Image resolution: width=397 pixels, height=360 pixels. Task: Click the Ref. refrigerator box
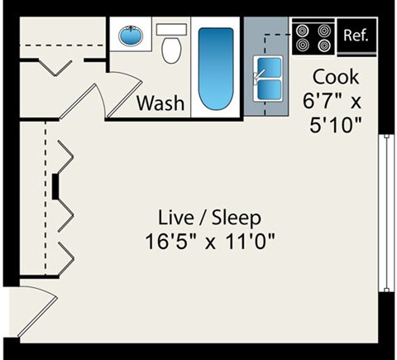(x=355, y=36)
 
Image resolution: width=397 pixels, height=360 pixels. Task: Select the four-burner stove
(x=313, y=36)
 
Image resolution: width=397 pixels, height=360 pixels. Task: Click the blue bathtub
(x=217, y=69)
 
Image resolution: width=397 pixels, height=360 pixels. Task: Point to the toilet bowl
(x=171, y=51)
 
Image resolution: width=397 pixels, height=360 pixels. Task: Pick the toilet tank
(x=171, y=29)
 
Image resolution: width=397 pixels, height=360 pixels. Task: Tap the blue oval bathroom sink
(x=130, y=36)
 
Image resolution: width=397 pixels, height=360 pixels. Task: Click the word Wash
(x=160, y=103)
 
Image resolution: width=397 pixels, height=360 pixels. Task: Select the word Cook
(x=335, y=77)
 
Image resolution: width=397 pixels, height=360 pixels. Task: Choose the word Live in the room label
(x=175, y=218)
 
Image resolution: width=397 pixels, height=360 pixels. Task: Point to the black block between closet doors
(x=55, y=186)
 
